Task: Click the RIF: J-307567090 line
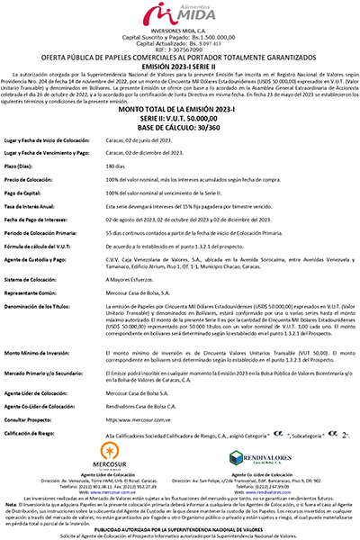point(180,46)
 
